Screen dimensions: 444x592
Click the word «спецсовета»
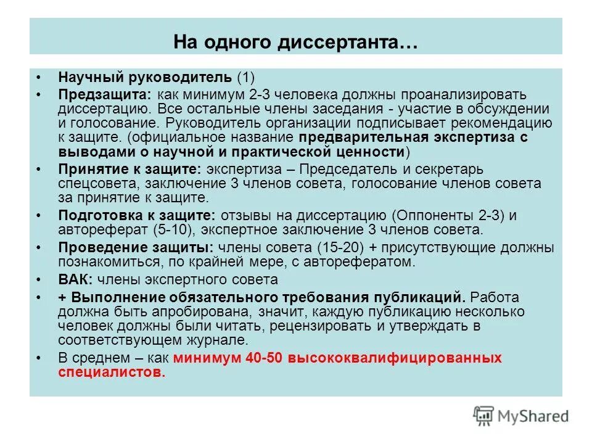coord(91,184)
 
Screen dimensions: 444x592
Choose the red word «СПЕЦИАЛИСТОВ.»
coord(112,372)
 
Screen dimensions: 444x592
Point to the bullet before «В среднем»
coord(39,358)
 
